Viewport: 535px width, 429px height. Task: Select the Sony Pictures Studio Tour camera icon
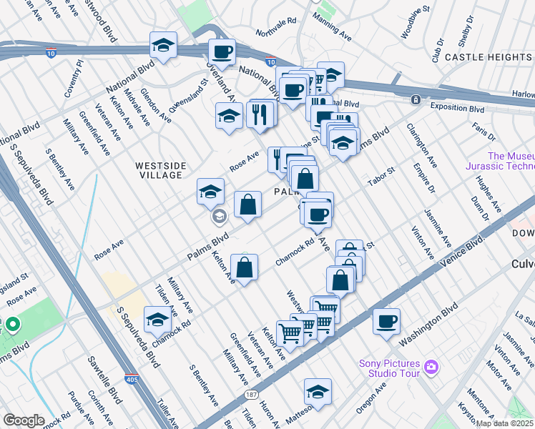[x=430, y=367]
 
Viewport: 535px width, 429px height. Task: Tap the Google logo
[x=23, y=420]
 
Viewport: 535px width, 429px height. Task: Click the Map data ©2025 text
[x=505, y=423]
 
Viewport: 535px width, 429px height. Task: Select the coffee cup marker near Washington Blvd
[x=386, y=321]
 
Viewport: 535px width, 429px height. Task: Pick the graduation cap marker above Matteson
[x=318, y=391]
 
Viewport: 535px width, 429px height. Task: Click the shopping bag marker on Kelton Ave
[x=245, y=268]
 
